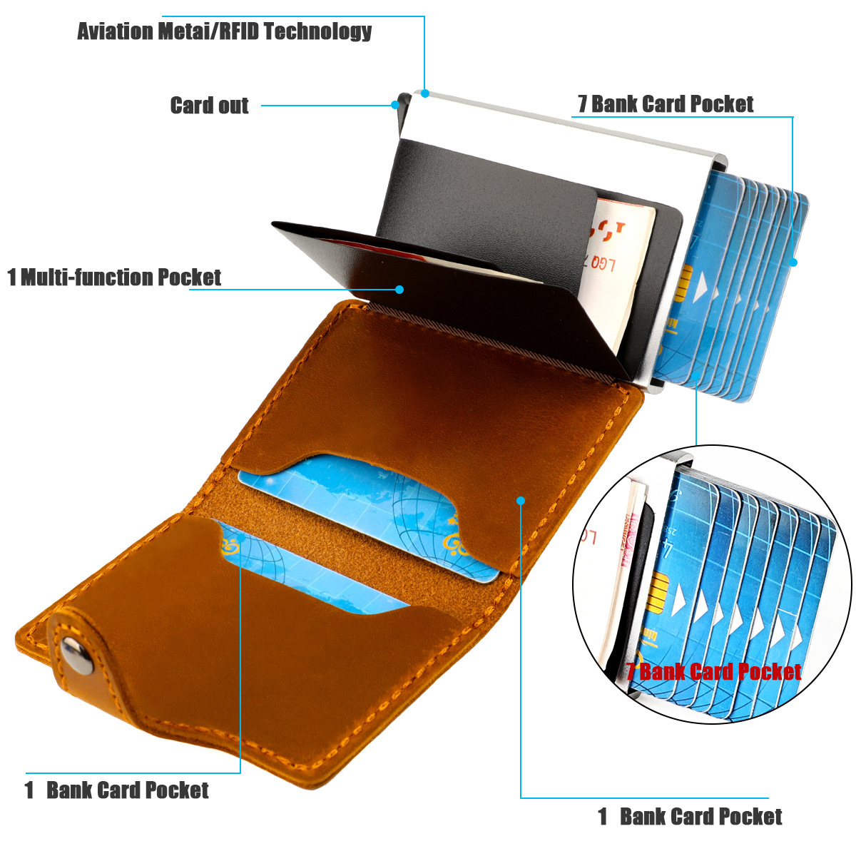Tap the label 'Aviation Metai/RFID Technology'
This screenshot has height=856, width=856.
[225, 31]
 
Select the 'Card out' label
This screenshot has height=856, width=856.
[209, 106]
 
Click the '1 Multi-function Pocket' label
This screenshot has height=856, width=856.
[114, 277]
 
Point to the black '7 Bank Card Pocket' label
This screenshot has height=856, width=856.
[665, 104]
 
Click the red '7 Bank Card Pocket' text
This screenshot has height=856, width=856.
[713, 671]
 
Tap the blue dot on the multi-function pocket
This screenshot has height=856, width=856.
[399, 289]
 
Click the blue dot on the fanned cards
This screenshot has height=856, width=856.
[793, 263]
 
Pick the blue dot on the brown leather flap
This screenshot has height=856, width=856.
[521, 501]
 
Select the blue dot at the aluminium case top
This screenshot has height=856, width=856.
[425, 93]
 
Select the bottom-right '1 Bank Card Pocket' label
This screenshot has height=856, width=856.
[690, 816]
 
